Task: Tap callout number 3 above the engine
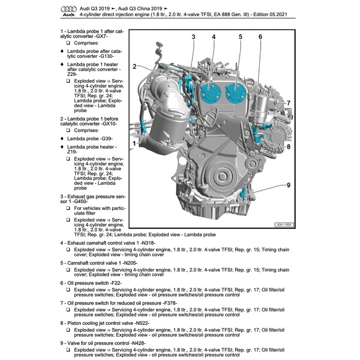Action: click(x=193, y=37)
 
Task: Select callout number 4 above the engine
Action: click(x=213, y=37)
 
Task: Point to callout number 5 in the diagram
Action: click(x=240, y=37)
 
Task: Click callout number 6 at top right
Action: click(x=260, y=37)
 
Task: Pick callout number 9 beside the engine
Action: click(x=288, y=185)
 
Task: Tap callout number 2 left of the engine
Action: click(x=134, y=66)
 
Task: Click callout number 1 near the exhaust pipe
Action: click(x=134, y=144)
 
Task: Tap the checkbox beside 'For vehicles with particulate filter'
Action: click(x=68, y=208)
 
